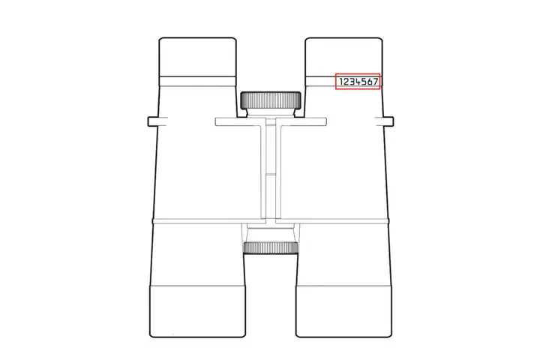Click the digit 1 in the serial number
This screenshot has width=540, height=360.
(341, 82)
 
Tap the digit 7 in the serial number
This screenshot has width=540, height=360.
(376, 82)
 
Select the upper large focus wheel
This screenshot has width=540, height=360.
(271, 100)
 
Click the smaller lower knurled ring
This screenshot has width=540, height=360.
(271, 247)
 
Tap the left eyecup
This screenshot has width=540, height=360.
(198, 57)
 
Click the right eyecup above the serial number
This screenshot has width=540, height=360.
(343, 57)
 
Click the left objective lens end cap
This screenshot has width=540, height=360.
(197, 311)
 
